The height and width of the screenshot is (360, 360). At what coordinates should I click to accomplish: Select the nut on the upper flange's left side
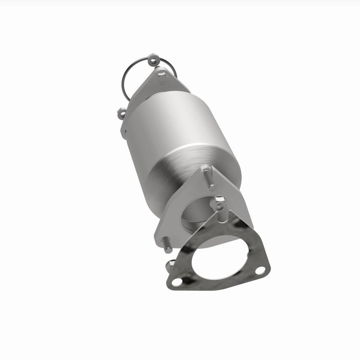(121, 113)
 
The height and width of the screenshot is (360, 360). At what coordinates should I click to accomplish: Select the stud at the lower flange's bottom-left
(166, 244)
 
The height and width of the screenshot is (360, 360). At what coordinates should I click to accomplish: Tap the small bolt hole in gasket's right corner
(260, 270)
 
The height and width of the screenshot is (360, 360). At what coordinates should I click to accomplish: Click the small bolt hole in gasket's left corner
(177, 282)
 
